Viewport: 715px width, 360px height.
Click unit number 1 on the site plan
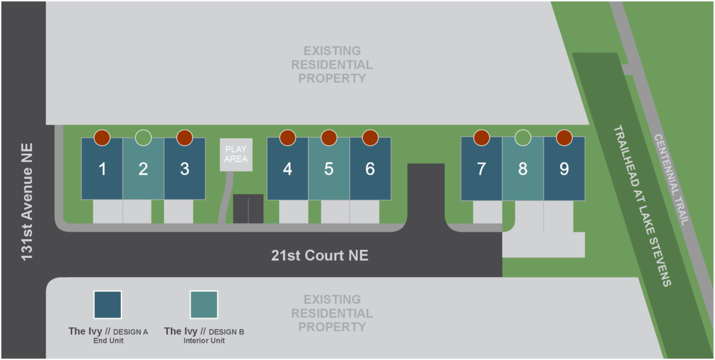pos(102,169)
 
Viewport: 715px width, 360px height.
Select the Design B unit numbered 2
pos(143,169)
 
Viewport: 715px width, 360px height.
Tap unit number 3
pos(185,169)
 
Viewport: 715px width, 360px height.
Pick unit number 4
pos(288,169)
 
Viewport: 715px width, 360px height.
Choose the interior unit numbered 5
pos(329,169)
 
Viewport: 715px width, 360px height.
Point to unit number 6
pos(370,169)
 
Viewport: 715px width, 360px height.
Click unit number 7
pos(481,169)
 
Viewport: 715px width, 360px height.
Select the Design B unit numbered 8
pos(523,169)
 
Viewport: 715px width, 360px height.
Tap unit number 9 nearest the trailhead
pos(564,169)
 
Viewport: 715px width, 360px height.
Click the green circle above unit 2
pos(143,138)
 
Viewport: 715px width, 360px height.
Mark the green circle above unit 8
pos(523,138)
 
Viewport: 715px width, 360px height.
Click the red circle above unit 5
pos(329,138)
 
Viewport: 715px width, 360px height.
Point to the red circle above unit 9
pos(564,138)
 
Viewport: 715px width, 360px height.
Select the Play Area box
pos(236,155)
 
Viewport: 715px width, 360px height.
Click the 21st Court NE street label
pos(319,256)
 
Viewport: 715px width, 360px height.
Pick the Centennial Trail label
pos(672,179)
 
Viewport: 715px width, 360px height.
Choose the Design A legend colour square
pos(107,305)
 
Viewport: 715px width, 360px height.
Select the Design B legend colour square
pos(204,305)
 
